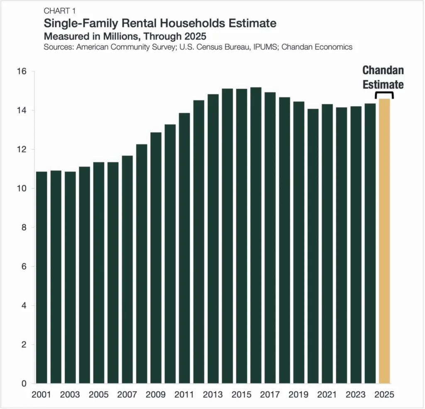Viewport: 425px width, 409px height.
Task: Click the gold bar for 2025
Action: tap(384, 241)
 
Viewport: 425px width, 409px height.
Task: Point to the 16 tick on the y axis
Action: tap(22, 71)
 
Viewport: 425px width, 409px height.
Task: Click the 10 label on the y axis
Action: tap(22, 188)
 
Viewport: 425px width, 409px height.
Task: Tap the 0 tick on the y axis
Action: tap(24, 384)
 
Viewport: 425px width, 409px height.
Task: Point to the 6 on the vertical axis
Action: tap(24, 267)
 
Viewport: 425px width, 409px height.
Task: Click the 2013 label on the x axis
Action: tap(213, 394)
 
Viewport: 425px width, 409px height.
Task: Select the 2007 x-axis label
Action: tap(127, 394)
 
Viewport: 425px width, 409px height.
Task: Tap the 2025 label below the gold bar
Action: tap(384, 394)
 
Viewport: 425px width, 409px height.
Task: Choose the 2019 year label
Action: tap(298, 394)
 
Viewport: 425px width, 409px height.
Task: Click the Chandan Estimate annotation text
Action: tap(383, 77)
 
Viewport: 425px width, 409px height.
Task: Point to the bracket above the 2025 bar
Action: tap(384, 95)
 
